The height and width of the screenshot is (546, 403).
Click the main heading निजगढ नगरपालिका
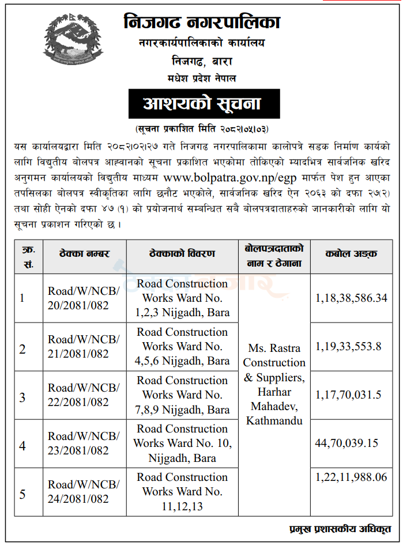click(x=202, y=22)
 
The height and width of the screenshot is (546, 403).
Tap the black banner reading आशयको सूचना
click(x=202, y=104)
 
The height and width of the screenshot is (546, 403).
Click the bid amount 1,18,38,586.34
click(x=352, y=298)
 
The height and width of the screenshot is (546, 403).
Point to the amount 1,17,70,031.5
click(x=348, y=395)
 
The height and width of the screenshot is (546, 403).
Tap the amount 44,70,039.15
click(x=346, y=443)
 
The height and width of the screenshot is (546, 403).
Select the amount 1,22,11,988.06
click(x=352, y=477)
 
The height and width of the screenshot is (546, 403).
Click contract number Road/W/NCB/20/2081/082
click(x=84, y=298)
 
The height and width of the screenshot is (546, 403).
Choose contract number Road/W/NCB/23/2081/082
click(x=84, y=443)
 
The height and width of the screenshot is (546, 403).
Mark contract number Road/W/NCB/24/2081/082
click(x=84, y=491)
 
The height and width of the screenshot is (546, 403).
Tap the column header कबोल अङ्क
click(x=351, y=253)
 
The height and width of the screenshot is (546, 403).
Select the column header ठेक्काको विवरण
click(x=182, y=253)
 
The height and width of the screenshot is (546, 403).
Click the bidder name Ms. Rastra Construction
click(x=274, y=355)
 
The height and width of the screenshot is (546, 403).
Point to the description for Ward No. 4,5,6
click(x=182, y=346)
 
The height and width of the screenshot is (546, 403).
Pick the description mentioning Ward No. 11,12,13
click(x=182, y=491)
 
